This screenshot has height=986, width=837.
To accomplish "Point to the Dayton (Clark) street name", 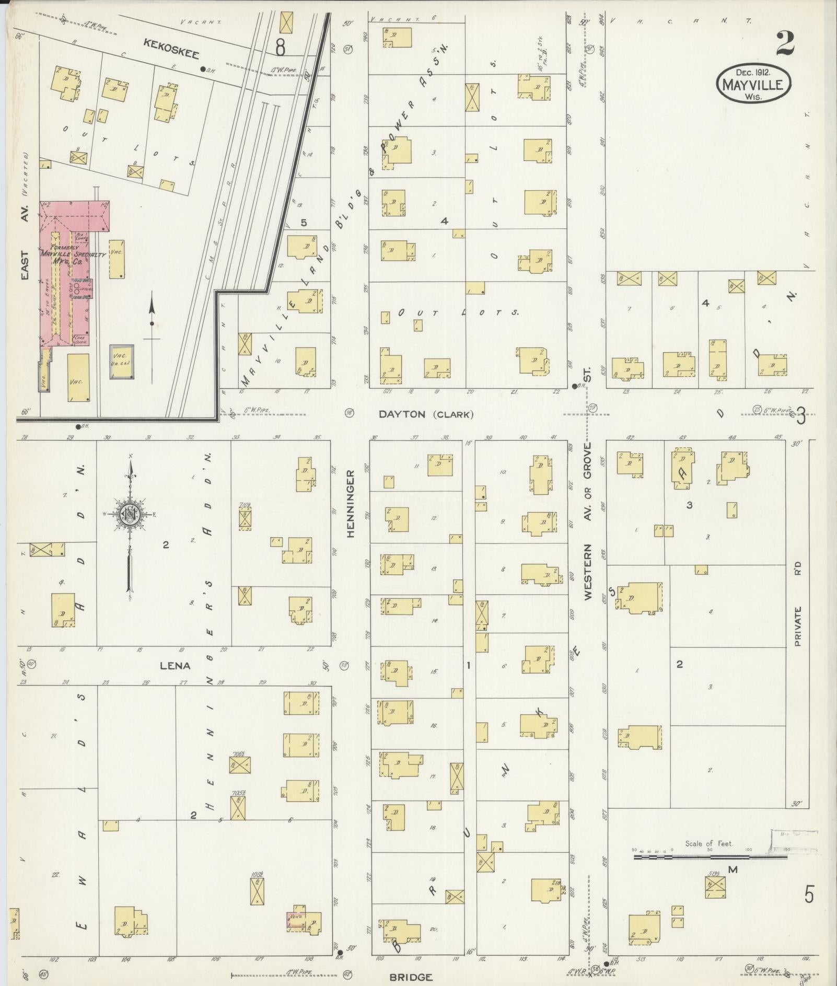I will click(x=426, y=414).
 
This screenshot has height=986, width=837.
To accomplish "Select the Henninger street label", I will click(x=350, y=503).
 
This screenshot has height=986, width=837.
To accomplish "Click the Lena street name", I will click(x=175, y=666).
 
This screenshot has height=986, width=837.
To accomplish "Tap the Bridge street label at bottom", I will click(x=412, y=977).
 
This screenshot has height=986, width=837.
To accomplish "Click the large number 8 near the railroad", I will click(x=281, y=48).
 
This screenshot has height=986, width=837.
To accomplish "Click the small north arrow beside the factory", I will click(x=152, y=324).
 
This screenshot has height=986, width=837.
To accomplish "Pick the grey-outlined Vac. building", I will click(x=121, y=362).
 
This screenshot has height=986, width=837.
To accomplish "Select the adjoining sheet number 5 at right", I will click(x=808, y=895).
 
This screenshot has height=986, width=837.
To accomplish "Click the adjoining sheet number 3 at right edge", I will click(x=801, y=417).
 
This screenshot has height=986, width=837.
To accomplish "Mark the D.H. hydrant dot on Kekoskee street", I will click(x=203, y=69).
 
